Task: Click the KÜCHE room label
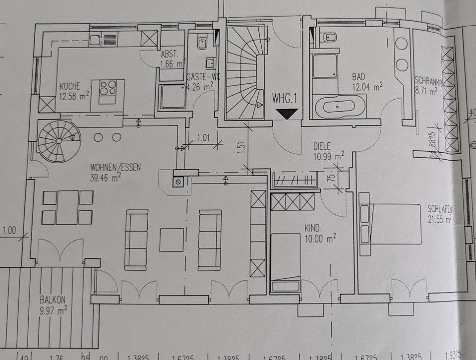(x=70, y=85)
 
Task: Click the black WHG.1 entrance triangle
(x=286, y=113)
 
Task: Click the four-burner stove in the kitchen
(x=108, y=88)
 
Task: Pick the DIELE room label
(x=322, y=147)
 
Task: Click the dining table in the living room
(x=68, y=207)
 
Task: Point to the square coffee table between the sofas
(x=172, y=240)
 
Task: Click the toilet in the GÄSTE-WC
(x=202, y=43)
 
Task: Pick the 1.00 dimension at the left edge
(x=9, y=231)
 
